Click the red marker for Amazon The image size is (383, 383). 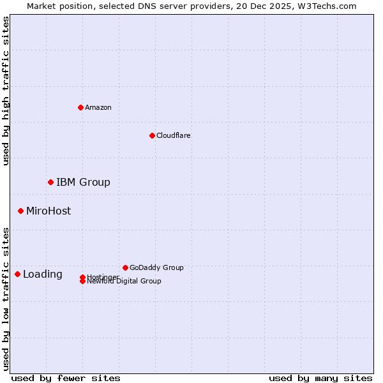(80, 107)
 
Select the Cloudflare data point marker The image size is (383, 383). (152, 135)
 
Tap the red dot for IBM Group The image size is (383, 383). (50, 182)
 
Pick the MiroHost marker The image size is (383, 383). (20, 211)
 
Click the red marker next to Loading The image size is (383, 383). (17, 274)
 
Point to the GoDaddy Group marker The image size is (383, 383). (125, 267)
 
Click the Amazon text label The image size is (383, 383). (98, 107)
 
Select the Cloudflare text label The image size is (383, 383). (174, 135)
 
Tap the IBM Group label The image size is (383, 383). (83, 183)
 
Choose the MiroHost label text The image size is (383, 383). (49, 211)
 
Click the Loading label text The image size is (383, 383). (43, 274)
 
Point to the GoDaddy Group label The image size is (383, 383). (156, 267)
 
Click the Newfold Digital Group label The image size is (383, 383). (124, 282)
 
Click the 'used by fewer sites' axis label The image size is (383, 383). (66, 378)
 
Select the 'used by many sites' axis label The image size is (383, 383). (320, 378)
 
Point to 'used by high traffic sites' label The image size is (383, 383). (6, 91)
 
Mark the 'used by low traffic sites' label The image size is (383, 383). (6, 299)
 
